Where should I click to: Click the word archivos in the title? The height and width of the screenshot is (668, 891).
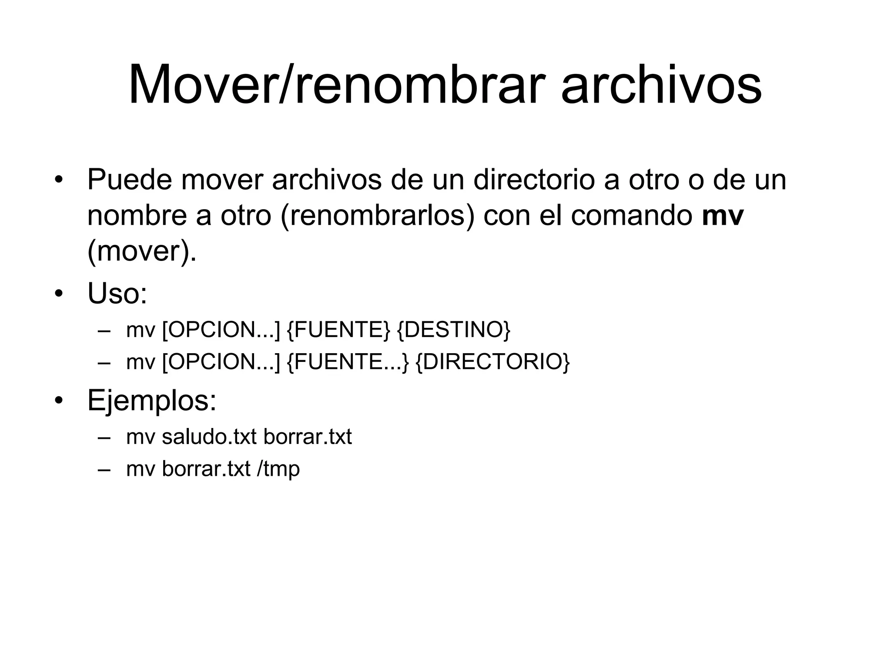[661, 85]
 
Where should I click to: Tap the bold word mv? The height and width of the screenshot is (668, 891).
[723, 215]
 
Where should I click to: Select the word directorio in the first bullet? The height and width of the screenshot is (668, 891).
[534, 179]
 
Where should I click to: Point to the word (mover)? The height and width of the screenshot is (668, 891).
[142, 251]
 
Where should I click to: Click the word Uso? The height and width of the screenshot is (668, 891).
[117, 294]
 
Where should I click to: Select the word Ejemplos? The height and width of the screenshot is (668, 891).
[152, 400]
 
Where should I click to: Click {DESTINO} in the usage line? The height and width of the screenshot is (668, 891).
[453, 330]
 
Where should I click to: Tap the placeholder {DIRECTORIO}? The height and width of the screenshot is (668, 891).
[492, 362]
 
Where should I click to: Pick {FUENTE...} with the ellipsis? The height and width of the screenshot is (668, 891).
[348, 362]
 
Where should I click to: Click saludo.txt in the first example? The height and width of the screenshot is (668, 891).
[209, 437]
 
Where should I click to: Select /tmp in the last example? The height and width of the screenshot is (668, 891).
[278, 469]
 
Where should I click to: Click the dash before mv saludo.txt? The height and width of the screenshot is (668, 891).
[104, 437]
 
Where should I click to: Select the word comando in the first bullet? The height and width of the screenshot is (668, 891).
[632, 215]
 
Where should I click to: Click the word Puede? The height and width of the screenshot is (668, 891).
[130, 179]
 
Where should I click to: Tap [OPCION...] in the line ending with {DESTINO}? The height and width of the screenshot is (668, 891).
[221, 330]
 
